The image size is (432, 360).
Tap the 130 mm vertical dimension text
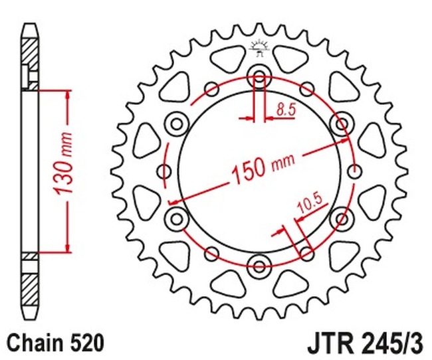pyautogui.click(x=63, y=163)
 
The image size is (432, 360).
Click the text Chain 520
pyautogui.click(x=56, y=343)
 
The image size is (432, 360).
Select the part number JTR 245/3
pyautogui.click(x=365, y=343)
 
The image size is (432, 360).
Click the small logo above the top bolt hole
pyautogui.click(x=259, y=48)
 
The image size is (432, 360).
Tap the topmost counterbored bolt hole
pyautogui.click(x=259, y=76)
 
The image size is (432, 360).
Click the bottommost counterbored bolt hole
pyautogui.click(x=259, y=266)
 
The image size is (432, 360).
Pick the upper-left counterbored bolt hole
pyautogui.click(x=177, y=124)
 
